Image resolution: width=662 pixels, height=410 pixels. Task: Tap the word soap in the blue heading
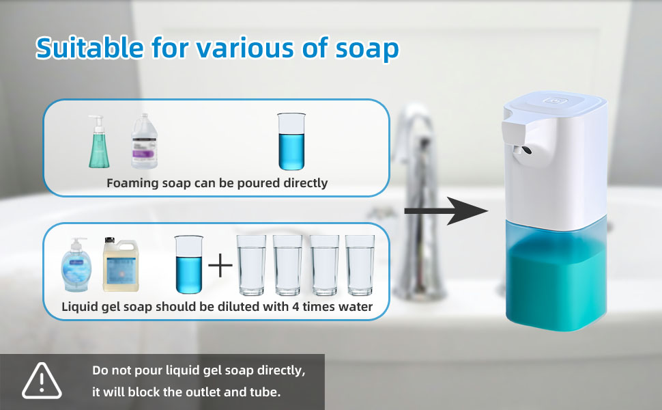point(367,49)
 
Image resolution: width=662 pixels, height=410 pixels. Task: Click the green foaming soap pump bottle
point(99,141)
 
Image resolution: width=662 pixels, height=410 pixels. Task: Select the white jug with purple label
point(144,141)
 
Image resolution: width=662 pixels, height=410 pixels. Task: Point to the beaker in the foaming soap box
point(291,141)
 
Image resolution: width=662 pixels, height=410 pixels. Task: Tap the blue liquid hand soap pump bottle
point(75,264)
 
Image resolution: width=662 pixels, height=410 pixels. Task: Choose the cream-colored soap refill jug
point(121,264)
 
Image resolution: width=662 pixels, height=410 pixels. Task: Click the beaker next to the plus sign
point(189,264)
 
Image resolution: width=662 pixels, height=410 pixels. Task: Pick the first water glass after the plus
point(252,265)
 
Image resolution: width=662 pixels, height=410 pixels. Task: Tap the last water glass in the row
point(360,265)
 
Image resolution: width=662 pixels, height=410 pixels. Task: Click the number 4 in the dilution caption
point(296,306)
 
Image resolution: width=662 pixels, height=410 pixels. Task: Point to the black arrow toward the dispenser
point(446,211)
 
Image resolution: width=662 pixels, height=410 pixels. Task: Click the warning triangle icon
point(42,381)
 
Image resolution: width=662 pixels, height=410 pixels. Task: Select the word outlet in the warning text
point(201,392)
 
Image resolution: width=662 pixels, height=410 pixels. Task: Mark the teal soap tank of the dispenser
point(556,275)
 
